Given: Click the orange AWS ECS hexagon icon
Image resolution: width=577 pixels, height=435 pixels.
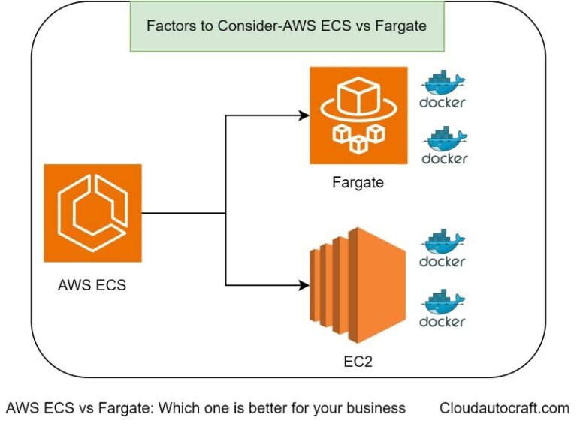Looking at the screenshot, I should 92,213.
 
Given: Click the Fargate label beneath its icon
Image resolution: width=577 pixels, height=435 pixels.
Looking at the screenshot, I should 358,182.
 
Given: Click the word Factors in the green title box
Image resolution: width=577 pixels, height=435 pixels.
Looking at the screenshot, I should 169,26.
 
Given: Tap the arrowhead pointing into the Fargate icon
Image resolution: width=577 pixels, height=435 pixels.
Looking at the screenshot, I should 304,115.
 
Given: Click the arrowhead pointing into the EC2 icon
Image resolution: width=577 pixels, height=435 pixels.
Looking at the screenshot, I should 304,285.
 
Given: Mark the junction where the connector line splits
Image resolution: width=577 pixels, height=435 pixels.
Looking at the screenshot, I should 226,213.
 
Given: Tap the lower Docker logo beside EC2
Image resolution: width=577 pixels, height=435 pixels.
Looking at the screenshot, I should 443,309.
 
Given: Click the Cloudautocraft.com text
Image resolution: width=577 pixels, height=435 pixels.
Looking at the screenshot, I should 504,408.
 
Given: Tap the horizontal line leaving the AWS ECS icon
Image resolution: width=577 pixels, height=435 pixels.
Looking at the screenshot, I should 184,213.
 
